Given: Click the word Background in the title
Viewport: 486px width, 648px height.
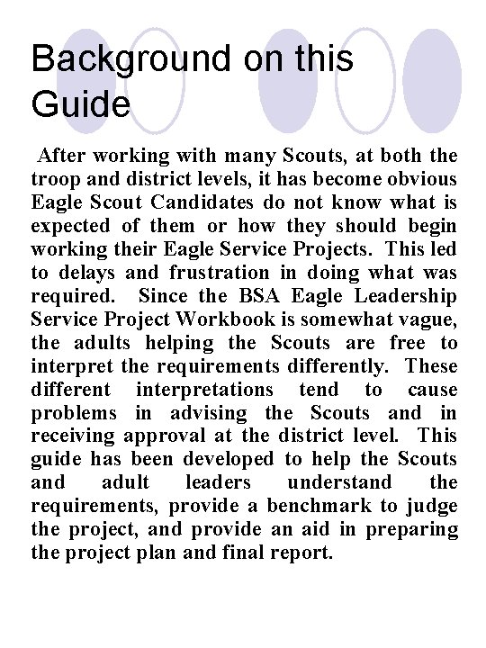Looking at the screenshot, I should [131, 59].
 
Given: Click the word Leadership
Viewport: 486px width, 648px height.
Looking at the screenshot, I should [409, 295].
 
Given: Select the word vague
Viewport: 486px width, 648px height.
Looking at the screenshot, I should [431, 319].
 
